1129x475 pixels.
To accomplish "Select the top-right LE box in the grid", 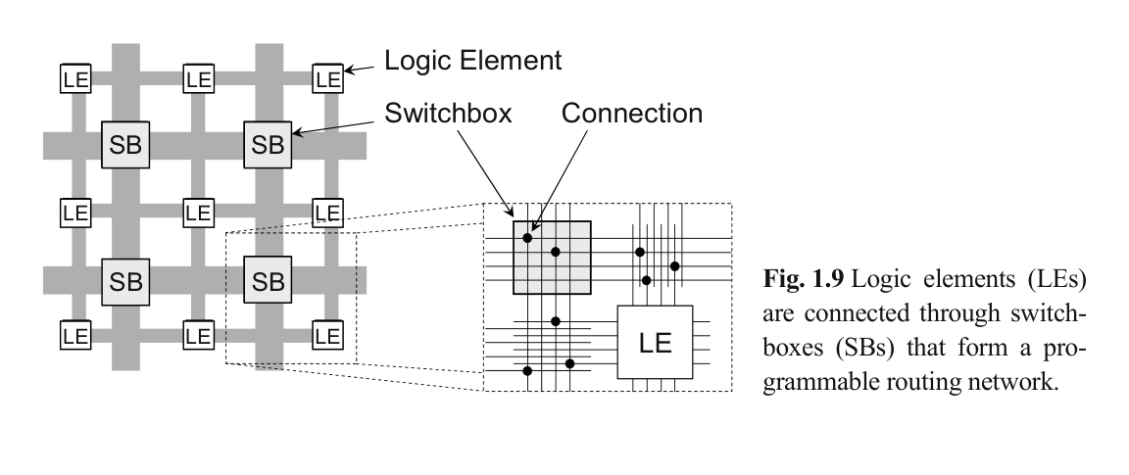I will pyautogui.click(x=327, y=77).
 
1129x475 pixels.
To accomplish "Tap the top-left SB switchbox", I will pyautogui.click(x=126, y=146).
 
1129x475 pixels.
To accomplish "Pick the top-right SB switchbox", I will pyautogui.click(x=267, y=146).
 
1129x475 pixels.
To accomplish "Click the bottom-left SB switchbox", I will pyautogui.click(x=126, y=282).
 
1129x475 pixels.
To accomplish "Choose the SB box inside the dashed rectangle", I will pyautogui.click(x=267, y=282).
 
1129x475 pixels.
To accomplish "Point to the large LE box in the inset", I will pyautogui.click(x=655, y=344).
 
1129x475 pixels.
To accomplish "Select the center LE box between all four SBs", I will pyautogui.click(x=199, y=212).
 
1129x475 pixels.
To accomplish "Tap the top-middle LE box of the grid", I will pyautogui.click(x=199, y=77).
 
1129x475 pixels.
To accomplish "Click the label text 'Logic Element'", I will pyautogui.click(x=472, y=61).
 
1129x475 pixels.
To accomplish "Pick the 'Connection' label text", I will pyautogui.click(x=632, y=114).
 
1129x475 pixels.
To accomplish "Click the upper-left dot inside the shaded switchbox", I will pyautogui.click(x=527, y=237).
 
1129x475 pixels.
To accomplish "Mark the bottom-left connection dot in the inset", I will pyautogui.click(x=527, y=370).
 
